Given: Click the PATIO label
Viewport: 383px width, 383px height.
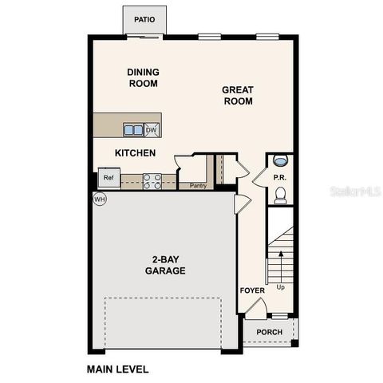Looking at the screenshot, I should click(144, 19).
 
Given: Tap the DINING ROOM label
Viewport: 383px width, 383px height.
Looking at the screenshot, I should click(143, 77).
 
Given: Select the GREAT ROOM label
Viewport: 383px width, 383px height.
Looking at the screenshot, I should click(237, 96).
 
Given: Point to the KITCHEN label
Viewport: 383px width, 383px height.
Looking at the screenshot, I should click(135, 152).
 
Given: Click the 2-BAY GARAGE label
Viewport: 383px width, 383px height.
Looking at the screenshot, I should click(165, 265).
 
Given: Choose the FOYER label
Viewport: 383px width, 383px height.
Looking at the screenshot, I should click(252, 290).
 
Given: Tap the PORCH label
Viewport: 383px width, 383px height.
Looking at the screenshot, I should click(270, 332).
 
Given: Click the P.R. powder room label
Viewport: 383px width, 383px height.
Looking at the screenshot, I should click(279, 178).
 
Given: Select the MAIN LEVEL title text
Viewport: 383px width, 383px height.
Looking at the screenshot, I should click(116, 369).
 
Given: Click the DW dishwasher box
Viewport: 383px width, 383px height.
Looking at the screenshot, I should click(152, 129).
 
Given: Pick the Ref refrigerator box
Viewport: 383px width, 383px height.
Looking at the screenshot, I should click(108, 178).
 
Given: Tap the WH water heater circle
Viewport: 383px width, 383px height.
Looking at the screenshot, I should click(100, 199).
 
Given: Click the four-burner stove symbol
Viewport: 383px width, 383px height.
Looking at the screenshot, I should click(152, 181).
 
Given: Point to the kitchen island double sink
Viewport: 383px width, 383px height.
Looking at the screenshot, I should click(132, 129).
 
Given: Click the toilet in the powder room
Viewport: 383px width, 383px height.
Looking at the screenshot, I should click(280, 195).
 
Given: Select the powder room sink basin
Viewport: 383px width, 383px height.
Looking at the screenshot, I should click(280, 160).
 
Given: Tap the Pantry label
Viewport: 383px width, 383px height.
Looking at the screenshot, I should click(198, 186).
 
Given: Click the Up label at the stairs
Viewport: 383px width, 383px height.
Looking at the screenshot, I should click(280, 286).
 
